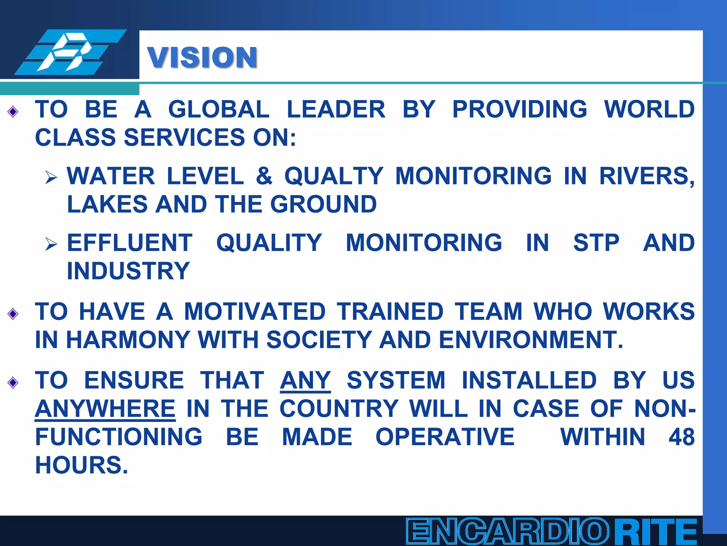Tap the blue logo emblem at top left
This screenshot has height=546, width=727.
point(70,52)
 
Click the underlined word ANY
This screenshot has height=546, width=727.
point(305,380)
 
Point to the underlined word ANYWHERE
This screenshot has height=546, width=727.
point(105,409)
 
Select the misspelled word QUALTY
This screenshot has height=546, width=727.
point(334,176)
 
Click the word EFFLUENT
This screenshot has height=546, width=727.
point(130,243)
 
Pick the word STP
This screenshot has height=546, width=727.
point(596,243)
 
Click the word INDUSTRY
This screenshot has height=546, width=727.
point(129,271)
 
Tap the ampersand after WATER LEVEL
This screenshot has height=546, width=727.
point(264,176)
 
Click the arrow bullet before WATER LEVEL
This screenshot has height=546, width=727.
point(51,177)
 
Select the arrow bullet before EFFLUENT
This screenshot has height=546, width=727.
point(51,244)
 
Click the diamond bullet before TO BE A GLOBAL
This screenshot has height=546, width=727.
point(13,112)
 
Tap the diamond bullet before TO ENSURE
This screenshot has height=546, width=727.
point(13,382)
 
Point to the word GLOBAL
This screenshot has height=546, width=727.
point(219,109)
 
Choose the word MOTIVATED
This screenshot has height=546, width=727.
point(255,311)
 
